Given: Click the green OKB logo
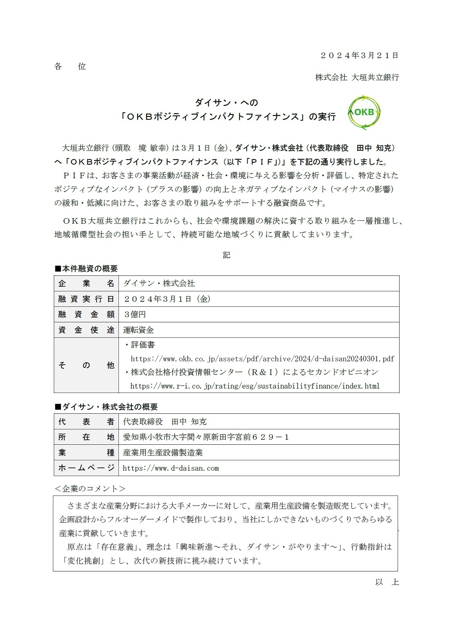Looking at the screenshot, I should click(364, 112).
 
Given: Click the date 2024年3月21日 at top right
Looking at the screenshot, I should click(359, 55).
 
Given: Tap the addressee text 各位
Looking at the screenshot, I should click(70, 67).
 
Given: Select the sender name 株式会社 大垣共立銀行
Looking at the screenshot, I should click(357, 77).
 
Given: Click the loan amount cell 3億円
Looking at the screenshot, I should click(135, 314).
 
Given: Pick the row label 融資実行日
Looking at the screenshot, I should click(86, 299).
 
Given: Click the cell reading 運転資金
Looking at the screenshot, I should click(139, 330).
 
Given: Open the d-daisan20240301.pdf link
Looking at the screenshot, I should click(263, 359).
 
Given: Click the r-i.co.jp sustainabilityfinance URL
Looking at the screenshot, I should click(255, 386).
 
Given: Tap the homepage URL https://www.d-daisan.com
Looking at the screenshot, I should click(171, 468).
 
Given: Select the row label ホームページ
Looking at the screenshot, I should click(86, 468).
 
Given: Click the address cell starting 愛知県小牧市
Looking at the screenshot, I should click(206, 437).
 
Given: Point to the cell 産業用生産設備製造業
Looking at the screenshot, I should click(163, 452).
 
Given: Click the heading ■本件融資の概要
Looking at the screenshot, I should click(86, 268).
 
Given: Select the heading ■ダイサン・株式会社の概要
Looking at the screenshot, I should click(106, 407).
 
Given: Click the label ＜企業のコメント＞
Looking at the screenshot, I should click(89, 489).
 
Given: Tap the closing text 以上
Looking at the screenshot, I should click(387, 582).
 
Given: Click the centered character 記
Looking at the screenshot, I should click(226, 255).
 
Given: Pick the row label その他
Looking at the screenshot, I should click(86, 365).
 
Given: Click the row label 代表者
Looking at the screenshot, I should click(86, 422).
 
